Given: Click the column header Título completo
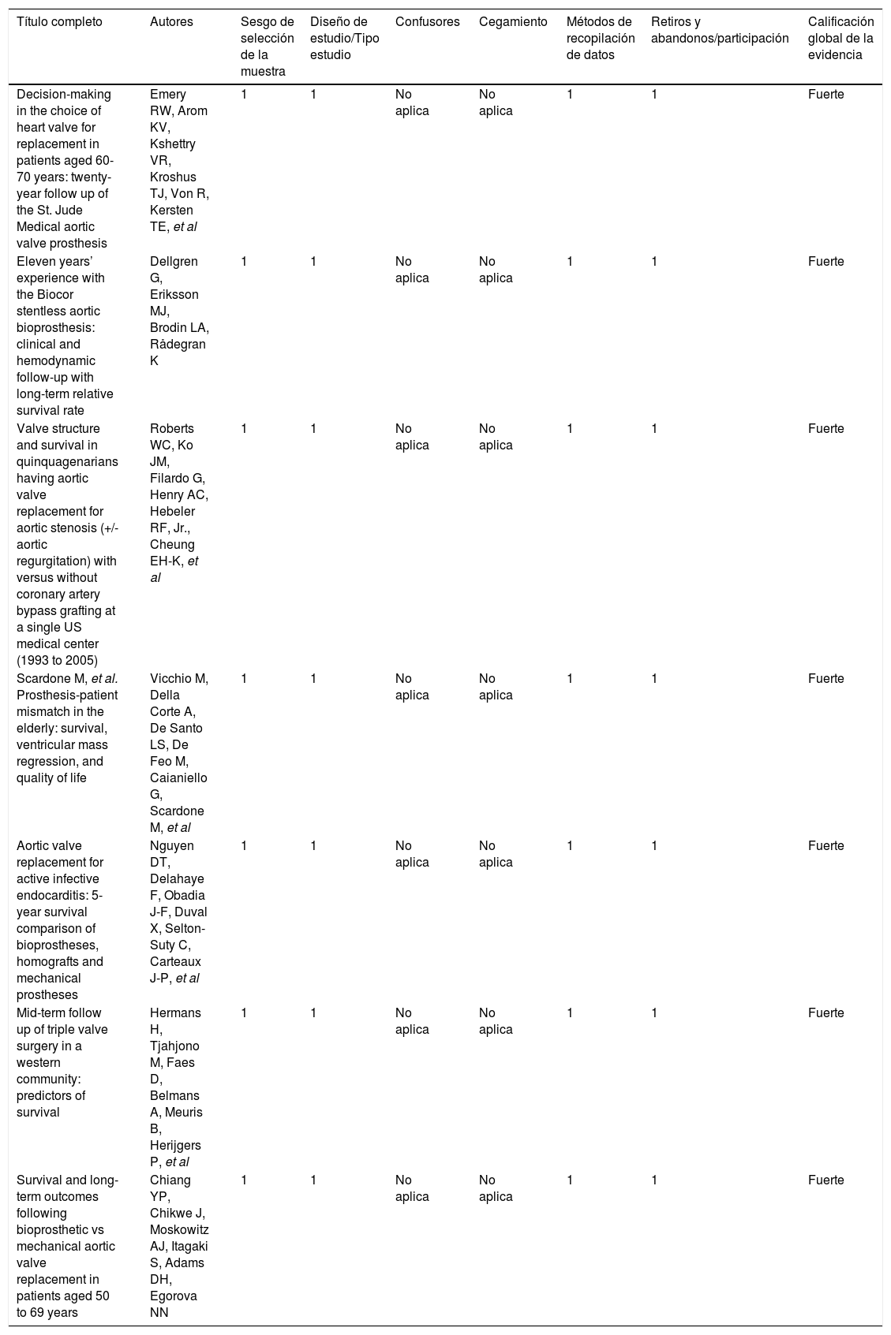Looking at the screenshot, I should coord(60,22).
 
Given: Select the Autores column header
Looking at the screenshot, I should coord(171,22).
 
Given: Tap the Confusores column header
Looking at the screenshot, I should coord(427,22).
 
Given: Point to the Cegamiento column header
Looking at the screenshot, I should coord(513,22).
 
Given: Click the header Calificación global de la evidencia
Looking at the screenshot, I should coord(840,39).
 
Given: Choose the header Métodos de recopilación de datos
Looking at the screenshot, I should coord(600,39).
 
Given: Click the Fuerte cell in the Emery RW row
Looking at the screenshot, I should coord(825,95).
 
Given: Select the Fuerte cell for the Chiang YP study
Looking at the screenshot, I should coord(825,1180).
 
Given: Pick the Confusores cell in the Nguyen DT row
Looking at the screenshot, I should coord(412,854).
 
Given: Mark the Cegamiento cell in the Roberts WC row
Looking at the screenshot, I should coord(496,437).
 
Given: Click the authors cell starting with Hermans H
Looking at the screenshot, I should coord(178,1087).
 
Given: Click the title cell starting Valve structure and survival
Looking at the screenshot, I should coord(67,545).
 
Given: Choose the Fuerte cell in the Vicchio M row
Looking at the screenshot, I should coord(825,679).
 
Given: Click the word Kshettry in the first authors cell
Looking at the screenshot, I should coord(173,144).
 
